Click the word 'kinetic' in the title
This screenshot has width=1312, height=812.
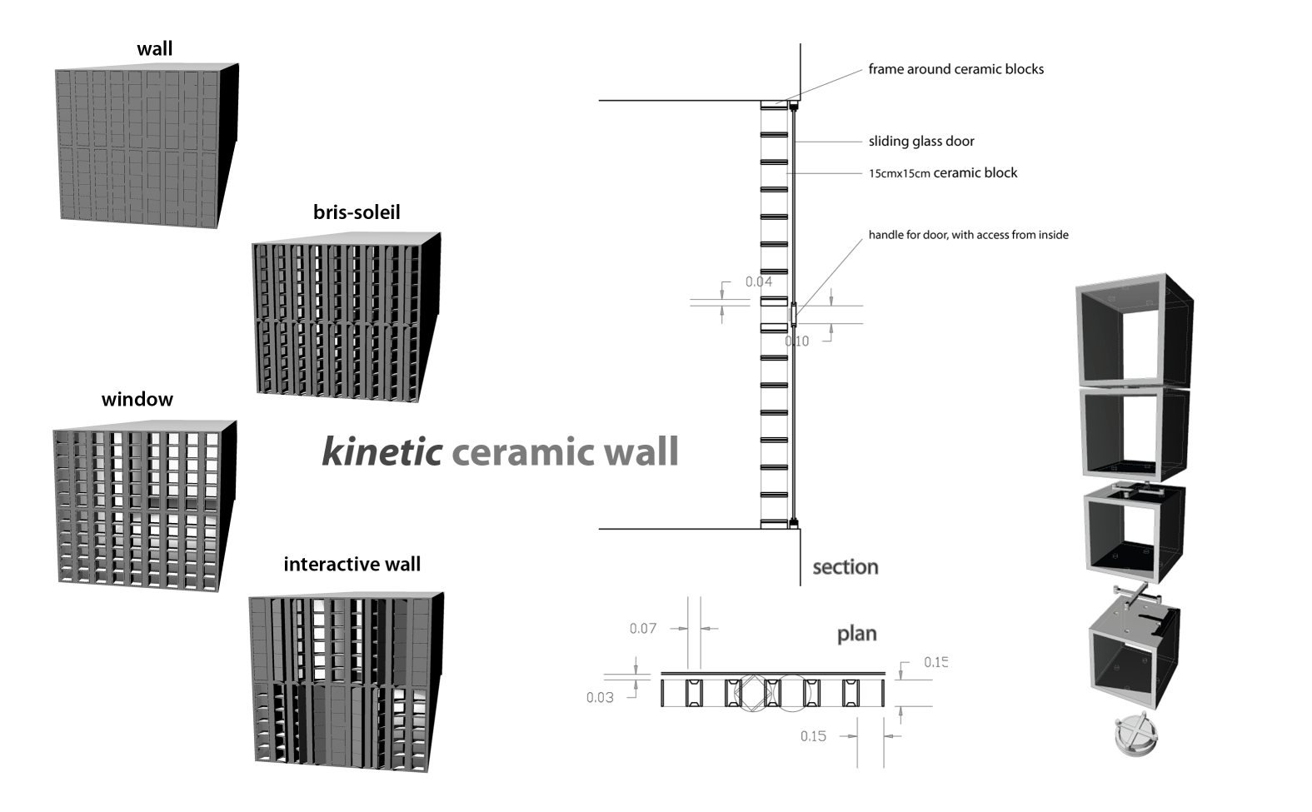382,451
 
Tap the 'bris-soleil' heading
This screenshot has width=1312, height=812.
357,212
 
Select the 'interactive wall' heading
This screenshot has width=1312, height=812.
352,565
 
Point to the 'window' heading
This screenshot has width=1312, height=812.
137,400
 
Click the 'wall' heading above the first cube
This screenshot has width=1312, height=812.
155,49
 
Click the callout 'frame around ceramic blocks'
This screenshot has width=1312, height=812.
955,69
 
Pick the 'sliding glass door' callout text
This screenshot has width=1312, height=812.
921,142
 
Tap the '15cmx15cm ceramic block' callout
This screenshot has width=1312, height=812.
943,173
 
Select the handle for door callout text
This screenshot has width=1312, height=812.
968,235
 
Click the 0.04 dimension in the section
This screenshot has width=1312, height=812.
758,281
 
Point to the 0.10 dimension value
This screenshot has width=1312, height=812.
797,341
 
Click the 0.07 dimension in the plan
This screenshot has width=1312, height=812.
642,628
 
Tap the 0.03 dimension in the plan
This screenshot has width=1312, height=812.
600,697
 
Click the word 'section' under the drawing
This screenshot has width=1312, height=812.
845,567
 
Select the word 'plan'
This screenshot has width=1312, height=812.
856,634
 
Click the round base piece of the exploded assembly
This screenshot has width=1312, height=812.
1135,735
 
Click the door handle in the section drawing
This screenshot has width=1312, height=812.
793,314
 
